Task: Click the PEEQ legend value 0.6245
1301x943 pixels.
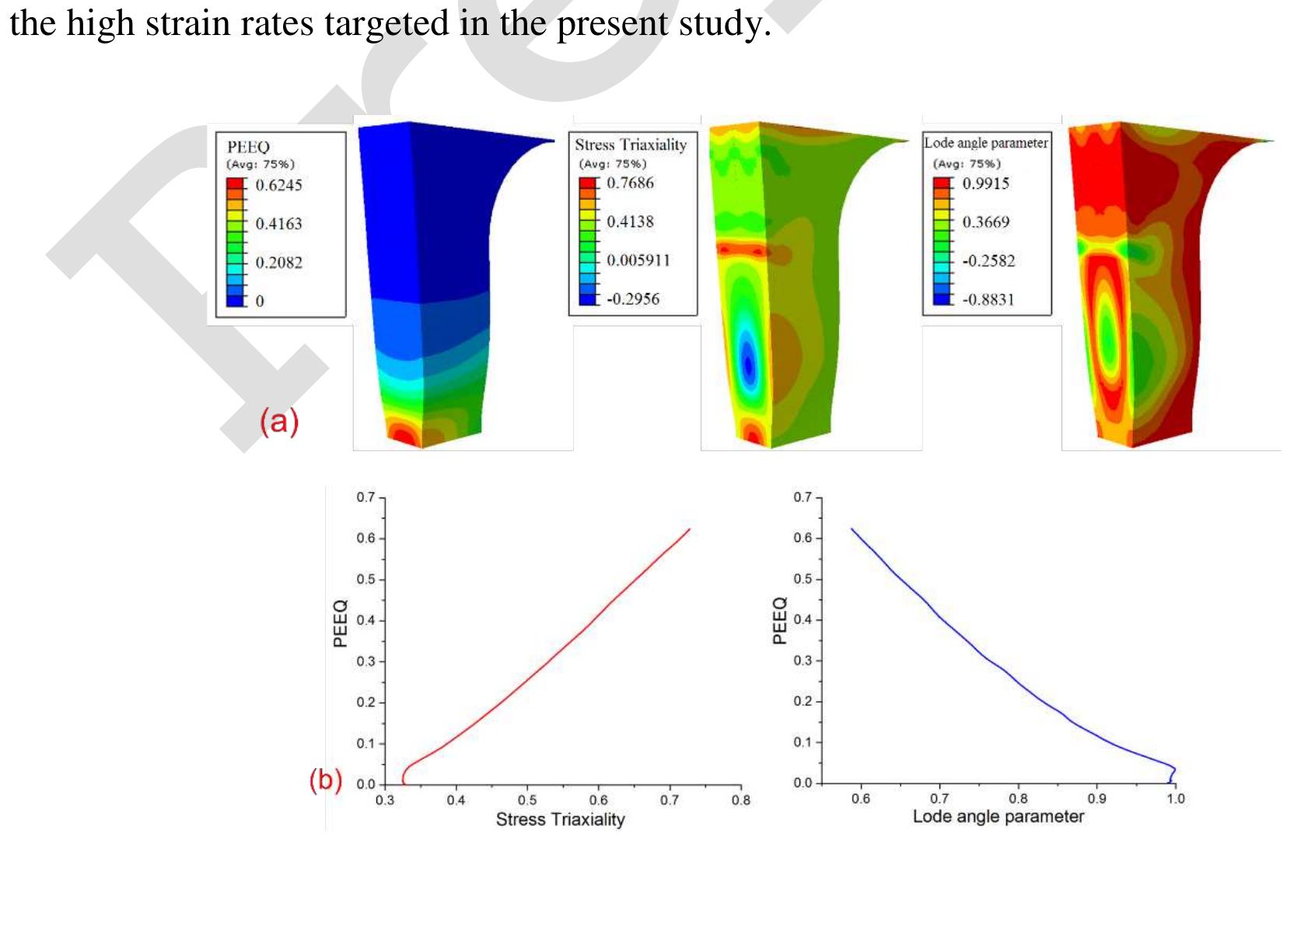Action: (278, 185)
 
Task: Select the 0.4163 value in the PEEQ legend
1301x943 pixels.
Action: (278, 224)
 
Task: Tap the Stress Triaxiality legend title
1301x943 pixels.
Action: (631, 145)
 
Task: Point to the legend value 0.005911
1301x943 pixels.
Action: (638, 260)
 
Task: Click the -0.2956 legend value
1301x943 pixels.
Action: (633, 299)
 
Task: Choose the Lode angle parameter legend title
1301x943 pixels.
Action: (986, 143)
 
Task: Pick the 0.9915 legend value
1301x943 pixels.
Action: (985, 183)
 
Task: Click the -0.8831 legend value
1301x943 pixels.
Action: (988, 299)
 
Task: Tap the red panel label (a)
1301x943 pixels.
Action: (278, 421)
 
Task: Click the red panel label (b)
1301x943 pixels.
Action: (326, 779)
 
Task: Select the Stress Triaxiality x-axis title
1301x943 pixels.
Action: (560, 819)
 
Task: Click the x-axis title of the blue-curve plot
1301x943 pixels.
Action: (998, 817)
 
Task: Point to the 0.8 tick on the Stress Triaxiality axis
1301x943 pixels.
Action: (741, 800)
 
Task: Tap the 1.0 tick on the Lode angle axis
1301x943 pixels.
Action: (1176, 798)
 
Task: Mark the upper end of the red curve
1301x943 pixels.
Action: (690, 529)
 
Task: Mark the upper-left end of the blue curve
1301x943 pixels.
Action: (852, 529)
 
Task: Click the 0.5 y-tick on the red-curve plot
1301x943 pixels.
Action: (365, 579)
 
